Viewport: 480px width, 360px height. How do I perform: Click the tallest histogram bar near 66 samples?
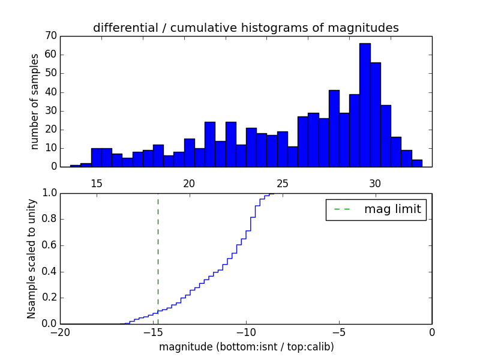click(365, 105)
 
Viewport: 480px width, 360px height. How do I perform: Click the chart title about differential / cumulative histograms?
click(245, 28)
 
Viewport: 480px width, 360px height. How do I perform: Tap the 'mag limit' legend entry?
click(376, 209)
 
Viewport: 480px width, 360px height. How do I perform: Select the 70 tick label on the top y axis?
click(50, 36)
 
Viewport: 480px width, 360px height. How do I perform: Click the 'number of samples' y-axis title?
click(35, 101)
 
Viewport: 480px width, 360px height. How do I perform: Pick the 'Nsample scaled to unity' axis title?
click(32, 259)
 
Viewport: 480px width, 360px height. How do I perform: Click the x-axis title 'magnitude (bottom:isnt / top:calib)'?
click(246, 347)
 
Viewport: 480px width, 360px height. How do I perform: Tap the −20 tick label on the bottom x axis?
click(60, 332)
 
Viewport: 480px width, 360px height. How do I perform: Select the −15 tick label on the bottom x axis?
click(153, 332)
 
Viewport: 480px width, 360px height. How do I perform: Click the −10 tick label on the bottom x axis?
click(246, 332)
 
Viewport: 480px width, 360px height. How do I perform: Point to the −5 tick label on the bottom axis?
click(339, 332)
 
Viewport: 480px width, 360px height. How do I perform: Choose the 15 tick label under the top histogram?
click(97, 184)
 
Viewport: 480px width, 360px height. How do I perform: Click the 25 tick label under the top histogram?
click(283, 184)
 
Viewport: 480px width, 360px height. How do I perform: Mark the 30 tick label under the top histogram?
click(375, 184)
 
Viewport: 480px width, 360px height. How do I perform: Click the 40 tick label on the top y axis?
click(50, 92)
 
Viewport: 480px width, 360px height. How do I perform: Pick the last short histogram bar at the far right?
click(417, 163)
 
